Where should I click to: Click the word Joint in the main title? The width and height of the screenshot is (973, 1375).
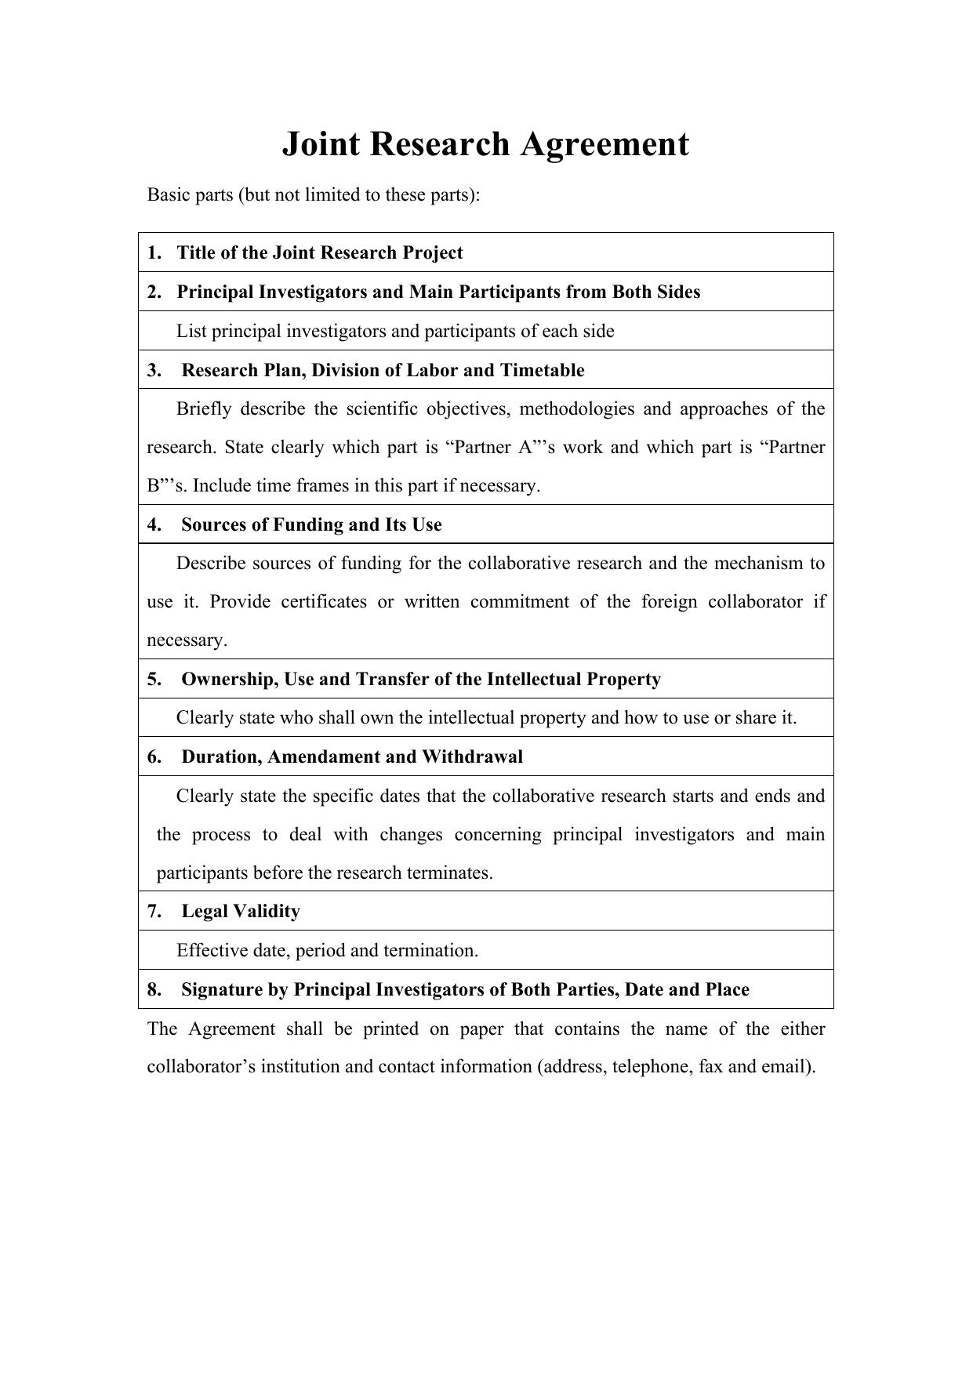tap(317, 145)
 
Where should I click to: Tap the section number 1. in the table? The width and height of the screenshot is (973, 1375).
tap(154, 252)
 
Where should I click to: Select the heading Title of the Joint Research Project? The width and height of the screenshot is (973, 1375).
tap(320, 252)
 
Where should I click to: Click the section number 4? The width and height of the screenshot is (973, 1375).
tap(154, 524)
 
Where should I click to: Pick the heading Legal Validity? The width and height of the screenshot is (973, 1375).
tap(241, 911)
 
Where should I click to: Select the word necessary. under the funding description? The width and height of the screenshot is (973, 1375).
tap(187, 640)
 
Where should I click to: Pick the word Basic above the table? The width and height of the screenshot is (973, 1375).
tap(169, 194)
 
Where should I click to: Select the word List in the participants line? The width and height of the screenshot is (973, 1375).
tap(191, 332)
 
